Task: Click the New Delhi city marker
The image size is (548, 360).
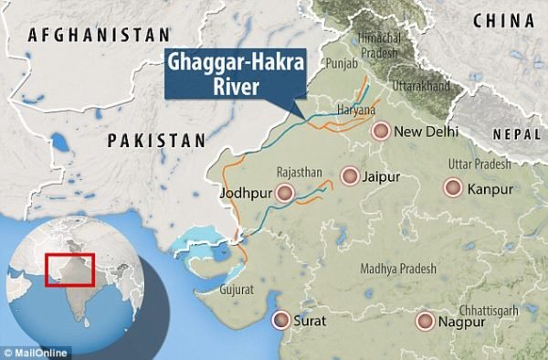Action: click(x=381, y=132)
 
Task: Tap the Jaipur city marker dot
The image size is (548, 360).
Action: click(x=349, y=175)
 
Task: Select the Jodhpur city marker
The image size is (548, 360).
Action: click(x=286, y=193)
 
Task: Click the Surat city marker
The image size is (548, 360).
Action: click(x=279, y=321)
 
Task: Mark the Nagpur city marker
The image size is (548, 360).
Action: click(x=424, y=322)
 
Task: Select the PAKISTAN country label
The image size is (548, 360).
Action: click(x=156, y=140)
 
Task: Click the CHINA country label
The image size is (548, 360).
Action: click(x=503, y=18)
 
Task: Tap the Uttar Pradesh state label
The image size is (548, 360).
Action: click(x=480, y=164)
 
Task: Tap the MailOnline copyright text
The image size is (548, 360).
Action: click(x=35, y=351)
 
